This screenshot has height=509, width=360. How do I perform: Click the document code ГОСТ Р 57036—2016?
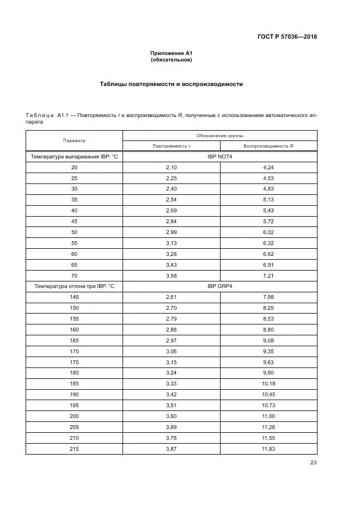pyautogui.click(x=287, y=37)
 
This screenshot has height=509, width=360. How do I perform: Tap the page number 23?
pyautogui.click(x=313, y=463)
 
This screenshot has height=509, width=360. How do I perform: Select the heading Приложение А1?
pyautogui.click(x=172, y=53)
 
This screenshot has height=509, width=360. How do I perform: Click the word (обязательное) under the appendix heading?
pyautogui.click(x=172, y=59)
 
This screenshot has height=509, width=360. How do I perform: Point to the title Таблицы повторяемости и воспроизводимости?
pyautogui.click(x=172, y=84)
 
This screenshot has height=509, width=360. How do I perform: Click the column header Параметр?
pyautogui.click(x=74, y=140)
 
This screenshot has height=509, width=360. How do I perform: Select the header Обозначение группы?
pyautogui.click(x=220, y=135)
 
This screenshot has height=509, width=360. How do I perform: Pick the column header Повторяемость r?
pyautogui.click(x=171, y=146)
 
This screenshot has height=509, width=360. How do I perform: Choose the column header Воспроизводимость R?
pyautogui.click(x=269, y=146)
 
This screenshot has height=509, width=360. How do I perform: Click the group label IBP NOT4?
pyautogui.click(x=220, y=157)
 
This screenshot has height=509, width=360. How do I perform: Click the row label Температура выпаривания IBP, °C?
pyautogui.click(x=74, y=157)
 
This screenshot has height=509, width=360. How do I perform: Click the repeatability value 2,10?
pyautogui.click(x=171, y=168)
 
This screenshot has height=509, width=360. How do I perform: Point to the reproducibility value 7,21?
pyautogui.click(x=269, y=275)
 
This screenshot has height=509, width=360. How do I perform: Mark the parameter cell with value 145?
pyautogui.click(x=74, y=297)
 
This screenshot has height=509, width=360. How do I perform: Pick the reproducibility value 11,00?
pyautogui.click(x=269, y=416)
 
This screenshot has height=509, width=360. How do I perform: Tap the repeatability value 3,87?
pyautogui.click(x=171, y=448)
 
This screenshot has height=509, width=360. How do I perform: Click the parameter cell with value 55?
pyautogui.click(x=74, y=243)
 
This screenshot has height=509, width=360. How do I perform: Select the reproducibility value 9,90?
pyautogui.click(x=269, y=373)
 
